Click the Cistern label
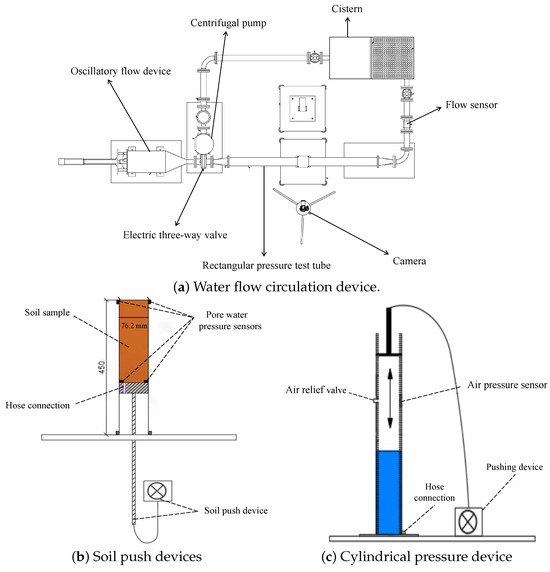tap(347, 9)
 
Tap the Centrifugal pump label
tap(228, 23)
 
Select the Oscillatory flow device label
tap(121, 71)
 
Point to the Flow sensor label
tap(471, 105)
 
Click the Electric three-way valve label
tap(175, 235)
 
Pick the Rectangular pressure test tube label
tap(267, 265)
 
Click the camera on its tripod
tap(303, 208)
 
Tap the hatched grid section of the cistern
tap(392, 58)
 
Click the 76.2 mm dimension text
tap(134, 325)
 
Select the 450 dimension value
tap(102, 367)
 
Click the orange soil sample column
tap(134, 341)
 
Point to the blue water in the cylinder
tap(389, 493)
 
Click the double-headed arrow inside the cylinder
tap(390, 398)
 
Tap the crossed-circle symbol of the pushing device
tap(468, 521)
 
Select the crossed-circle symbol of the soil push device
tap(157, 491)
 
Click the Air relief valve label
tap(316, 390)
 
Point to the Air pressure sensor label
tap(507, 385)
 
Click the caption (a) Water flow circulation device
tap(276, 287)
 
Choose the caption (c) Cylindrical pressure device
tap(417, 557)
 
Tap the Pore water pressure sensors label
tap(230, 320)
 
